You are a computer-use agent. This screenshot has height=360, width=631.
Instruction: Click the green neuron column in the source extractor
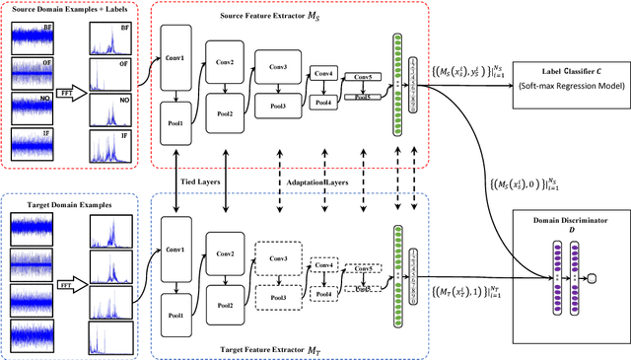[398, 73]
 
